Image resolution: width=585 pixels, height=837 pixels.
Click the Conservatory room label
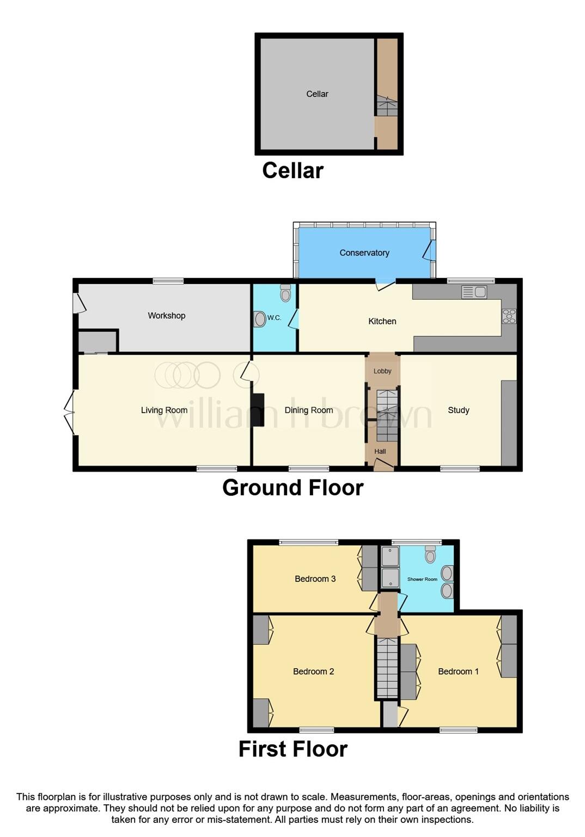[x=364, y=253]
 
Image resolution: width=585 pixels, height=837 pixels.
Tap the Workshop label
[x=166, y=316]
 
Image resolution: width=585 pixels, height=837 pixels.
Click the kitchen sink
[x=474, y=292]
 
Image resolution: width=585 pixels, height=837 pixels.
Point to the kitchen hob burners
[x=509, y=316]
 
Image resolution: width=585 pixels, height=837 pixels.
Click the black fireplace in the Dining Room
[x=258, y=410]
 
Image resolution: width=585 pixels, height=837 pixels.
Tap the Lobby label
[x=382, y=371]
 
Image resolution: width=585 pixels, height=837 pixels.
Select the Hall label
[x=380, y=451]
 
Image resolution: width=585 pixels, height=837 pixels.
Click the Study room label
[x=458, y=410]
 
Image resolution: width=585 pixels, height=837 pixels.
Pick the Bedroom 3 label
[x=315, y=579]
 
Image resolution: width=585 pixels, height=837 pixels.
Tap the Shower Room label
[x=422, y=579]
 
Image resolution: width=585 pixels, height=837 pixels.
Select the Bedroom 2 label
[x=313, y=671]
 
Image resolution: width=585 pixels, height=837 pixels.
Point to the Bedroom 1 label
[x=458, y=671]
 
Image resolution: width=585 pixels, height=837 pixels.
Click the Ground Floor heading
[x=292, y=487]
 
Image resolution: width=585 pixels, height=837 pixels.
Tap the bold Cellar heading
[x=292, y=171]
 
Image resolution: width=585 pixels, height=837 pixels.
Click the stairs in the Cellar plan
[x=386, y=106]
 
